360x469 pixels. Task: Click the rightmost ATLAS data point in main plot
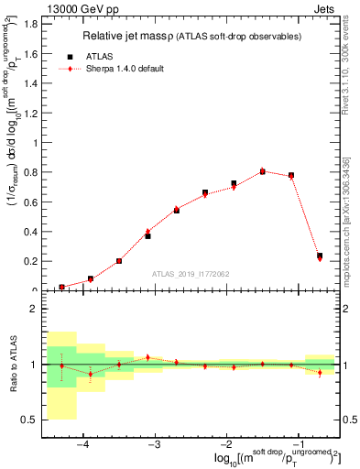(x=320, y=256)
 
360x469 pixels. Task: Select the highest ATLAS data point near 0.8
(x=263, y=171)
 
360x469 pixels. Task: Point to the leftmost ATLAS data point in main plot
(x=61, y=287)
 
